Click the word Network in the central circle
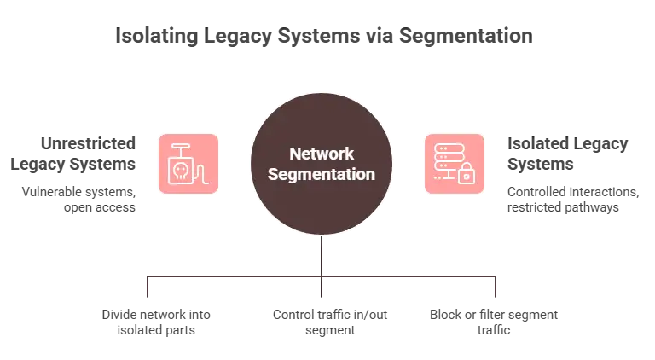pyautogui.click(x=322, y=154)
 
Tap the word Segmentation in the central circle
pyautogui.click(x=322, y=174)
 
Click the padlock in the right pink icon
pyautogui.click(x=467, y=176)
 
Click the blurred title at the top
pyautogui.click(x=324, y=37)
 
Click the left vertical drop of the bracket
pyautogui.click(x=146, y=287)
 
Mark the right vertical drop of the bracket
pyautogui.click(x=496, y=287)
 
